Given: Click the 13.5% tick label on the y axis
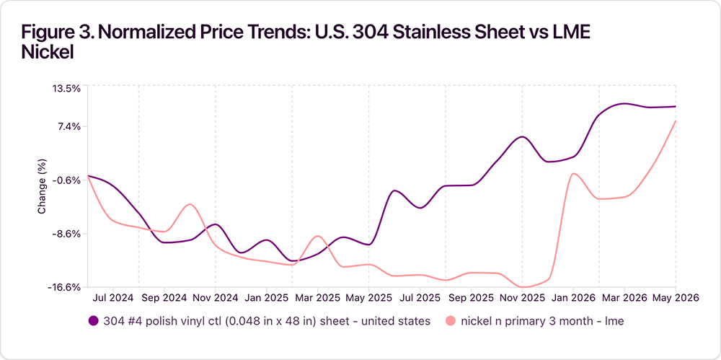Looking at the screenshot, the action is coord(68,89).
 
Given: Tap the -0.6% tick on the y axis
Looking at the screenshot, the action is coord(68,180).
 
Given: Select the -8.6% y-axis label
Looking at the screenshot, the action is coord(68,234).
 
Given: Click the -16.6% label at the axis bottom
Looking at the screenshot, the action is coord(66,288).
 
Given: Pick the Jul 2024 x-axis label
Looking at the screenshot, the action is coord(114,298).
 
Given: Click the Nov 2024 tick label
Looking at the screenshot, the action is coord(216,298).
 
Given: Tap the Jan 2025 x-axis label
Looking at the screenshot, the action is coord(267,298).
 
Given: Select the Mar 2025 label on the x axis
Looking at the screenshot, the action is coord(318,298).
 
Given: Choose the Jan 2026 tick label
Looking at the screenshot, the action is coord(573,298).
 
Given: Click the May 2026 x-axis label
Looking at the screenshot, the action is coord(676,298).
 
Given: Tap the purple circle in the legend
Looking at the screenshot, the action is coord(94,321).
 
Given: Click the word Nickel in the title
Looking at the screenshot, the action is coord(48,53).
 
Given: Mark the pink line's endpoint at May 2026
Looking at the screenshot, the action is coord(675,121).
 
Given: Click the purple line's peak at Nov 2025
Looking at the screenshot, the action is coord(522,137).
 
